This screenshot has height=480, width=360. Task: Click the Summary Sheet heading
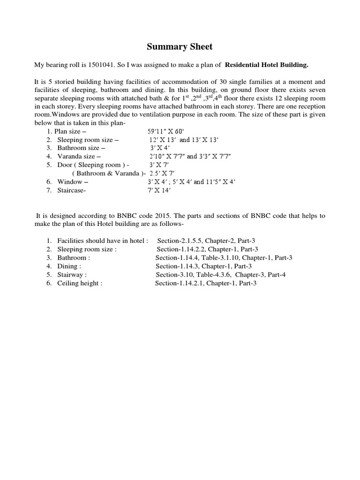[180, 46]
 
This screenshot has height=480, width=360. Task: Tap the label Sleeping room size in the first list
[88, 140]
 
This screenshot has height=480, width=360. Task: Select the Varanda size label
[79, 156]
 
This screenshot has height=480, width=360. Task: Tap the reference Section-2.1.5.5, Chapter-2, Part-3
[206, 240]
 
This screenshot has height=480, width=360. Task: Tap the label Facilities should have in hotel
[103, 240]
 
